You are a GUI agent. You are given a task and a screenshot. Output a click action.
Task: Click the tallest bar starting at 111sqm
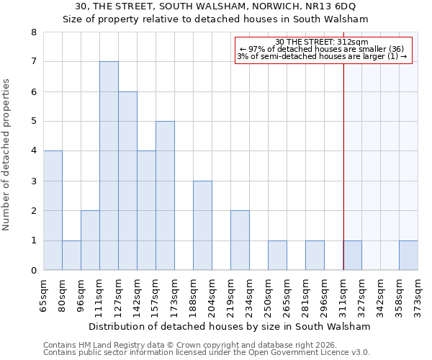109,166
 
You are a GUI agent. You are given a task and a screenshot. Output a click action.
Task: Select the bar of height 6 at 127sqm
127,181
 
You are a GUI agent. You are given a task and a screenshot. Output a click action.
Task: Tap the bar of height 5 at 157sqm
165,196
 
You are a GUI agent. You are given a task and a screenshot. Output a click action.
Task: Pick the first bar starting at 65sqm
53,210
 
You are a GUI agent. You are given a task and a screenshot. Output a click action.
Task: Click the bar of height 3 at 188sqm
202,225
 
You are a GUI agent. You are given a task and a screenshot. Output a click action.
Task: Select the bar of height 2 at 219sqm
240,240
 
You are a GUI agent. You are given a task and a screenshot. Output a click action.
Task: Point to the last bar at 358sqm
408,256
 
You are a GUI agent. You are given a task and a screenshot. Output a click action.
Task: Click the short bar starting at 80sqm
71,256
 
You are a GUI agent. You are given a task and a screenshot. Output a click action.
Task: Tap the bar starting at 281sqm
315,256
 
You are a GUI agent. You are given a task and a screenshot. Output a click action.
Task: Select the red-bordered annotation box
323,50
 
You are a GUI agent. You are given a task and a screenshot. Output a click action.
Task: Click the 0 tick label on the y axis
33,271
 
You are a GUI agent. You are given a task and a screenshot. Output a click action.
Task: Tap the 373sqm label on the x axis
418,295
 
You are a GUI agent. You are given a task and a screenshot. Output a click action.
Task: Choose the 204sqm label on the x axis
212,295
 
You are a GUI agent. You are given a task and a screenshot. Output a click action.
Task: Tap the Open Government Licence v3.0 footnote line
207,353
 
